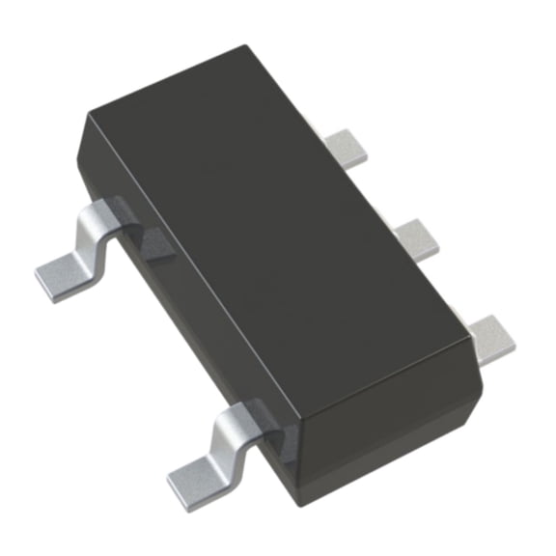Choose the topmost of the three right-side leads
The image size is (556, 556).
click(x=347, y=144)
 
